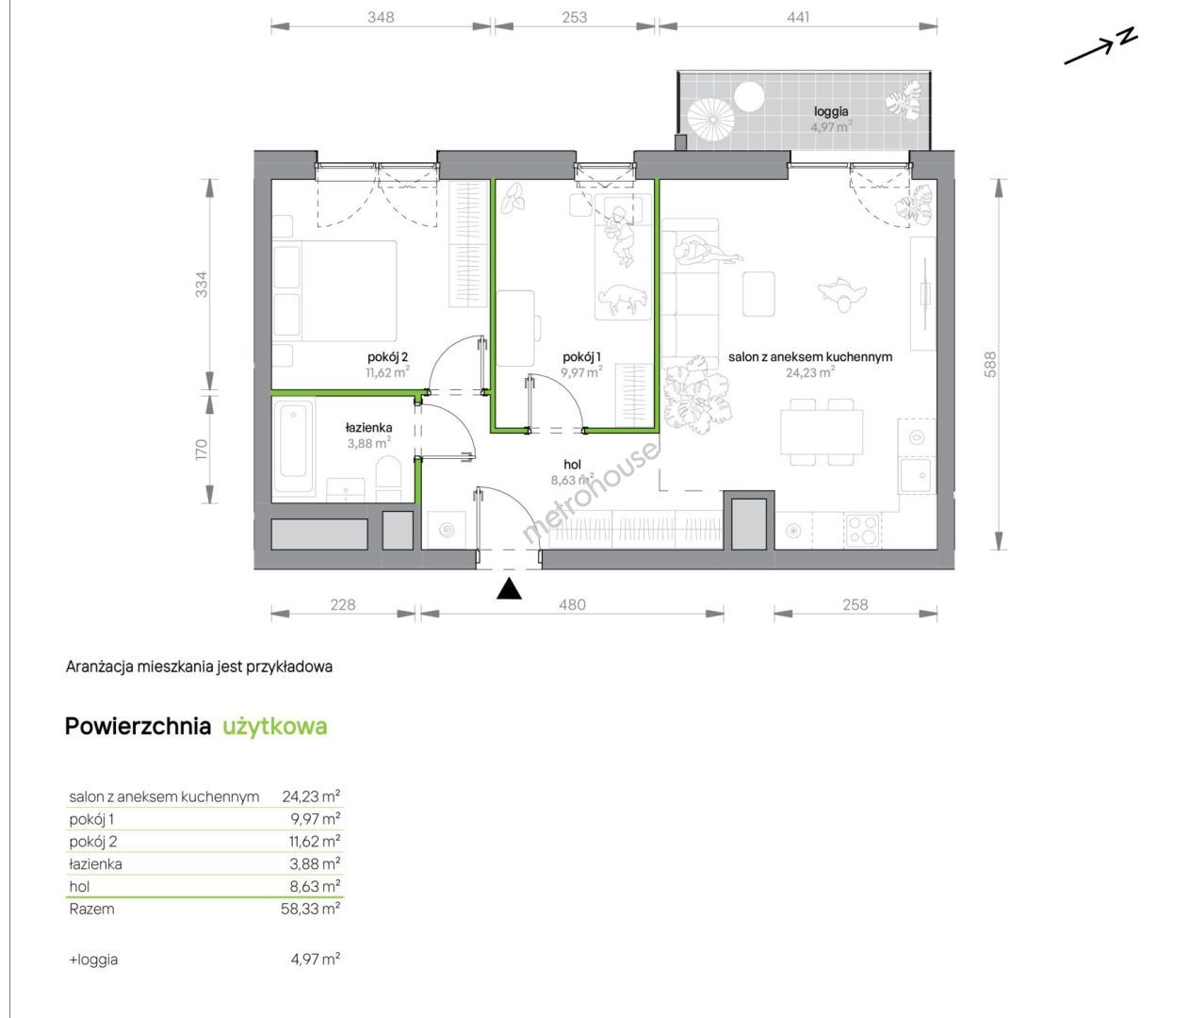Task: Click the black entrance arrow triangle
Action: tap(509, 589)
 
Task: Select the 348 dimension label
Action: tap(381, 17)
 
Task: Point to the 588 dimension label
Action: tap(990, 364)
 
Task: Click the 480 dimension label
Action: tap(572, 605)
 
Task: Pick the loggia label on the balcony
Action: tap(831, 111)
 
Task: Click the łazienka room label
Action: tap(368, 428)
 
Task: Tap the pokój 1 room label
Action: tap(581, 357)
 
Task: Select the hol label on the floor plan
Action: tap(572, 465)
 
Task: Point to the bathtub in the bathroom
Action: tap(293, 447)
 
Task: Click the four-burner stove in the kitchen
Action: tap(862, 530)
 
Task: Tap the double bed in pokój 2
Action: tap(334, 290)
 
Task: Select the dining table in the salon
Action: tap(822, 432)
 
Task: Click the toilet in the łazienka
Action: tap(388, 479)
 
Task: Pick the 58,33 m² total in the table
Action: tap(310, 909)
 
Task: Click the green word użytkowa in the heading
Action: tap(275, 726)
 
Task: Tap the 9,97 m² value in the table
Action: tap(316, 818)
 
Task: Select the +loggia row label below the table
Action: tap(94, 960)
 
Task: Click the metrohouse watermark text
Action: tap(590, 493)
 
